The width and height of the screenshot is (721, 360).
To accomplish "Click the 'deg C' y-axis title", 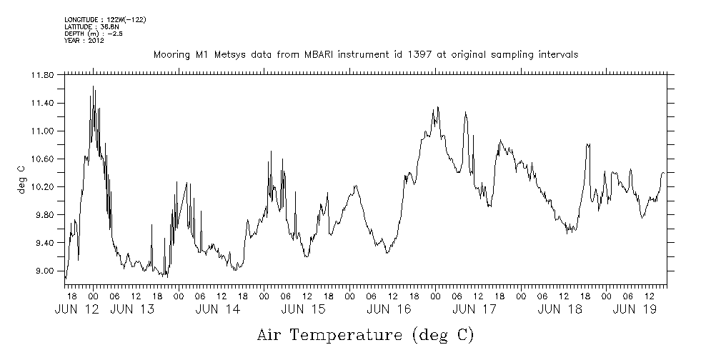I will click(x=21, y=179).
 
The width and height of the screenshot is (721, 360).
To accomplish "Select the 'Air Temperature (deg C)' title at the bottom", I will click(x=365, y=334).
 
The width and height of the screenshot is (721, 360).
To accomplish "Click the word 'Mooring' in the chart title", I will click(x=170, y=55).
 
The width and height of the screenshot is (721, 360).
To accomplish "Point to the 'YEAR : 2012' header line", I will click(x=84, y=40).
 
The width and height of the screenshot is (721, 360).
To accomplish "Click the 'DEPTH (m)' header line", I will click(x=94, y=33).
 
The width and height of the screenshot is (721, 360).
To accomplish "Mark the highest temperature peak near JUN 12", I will click(x=94, y=86).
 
